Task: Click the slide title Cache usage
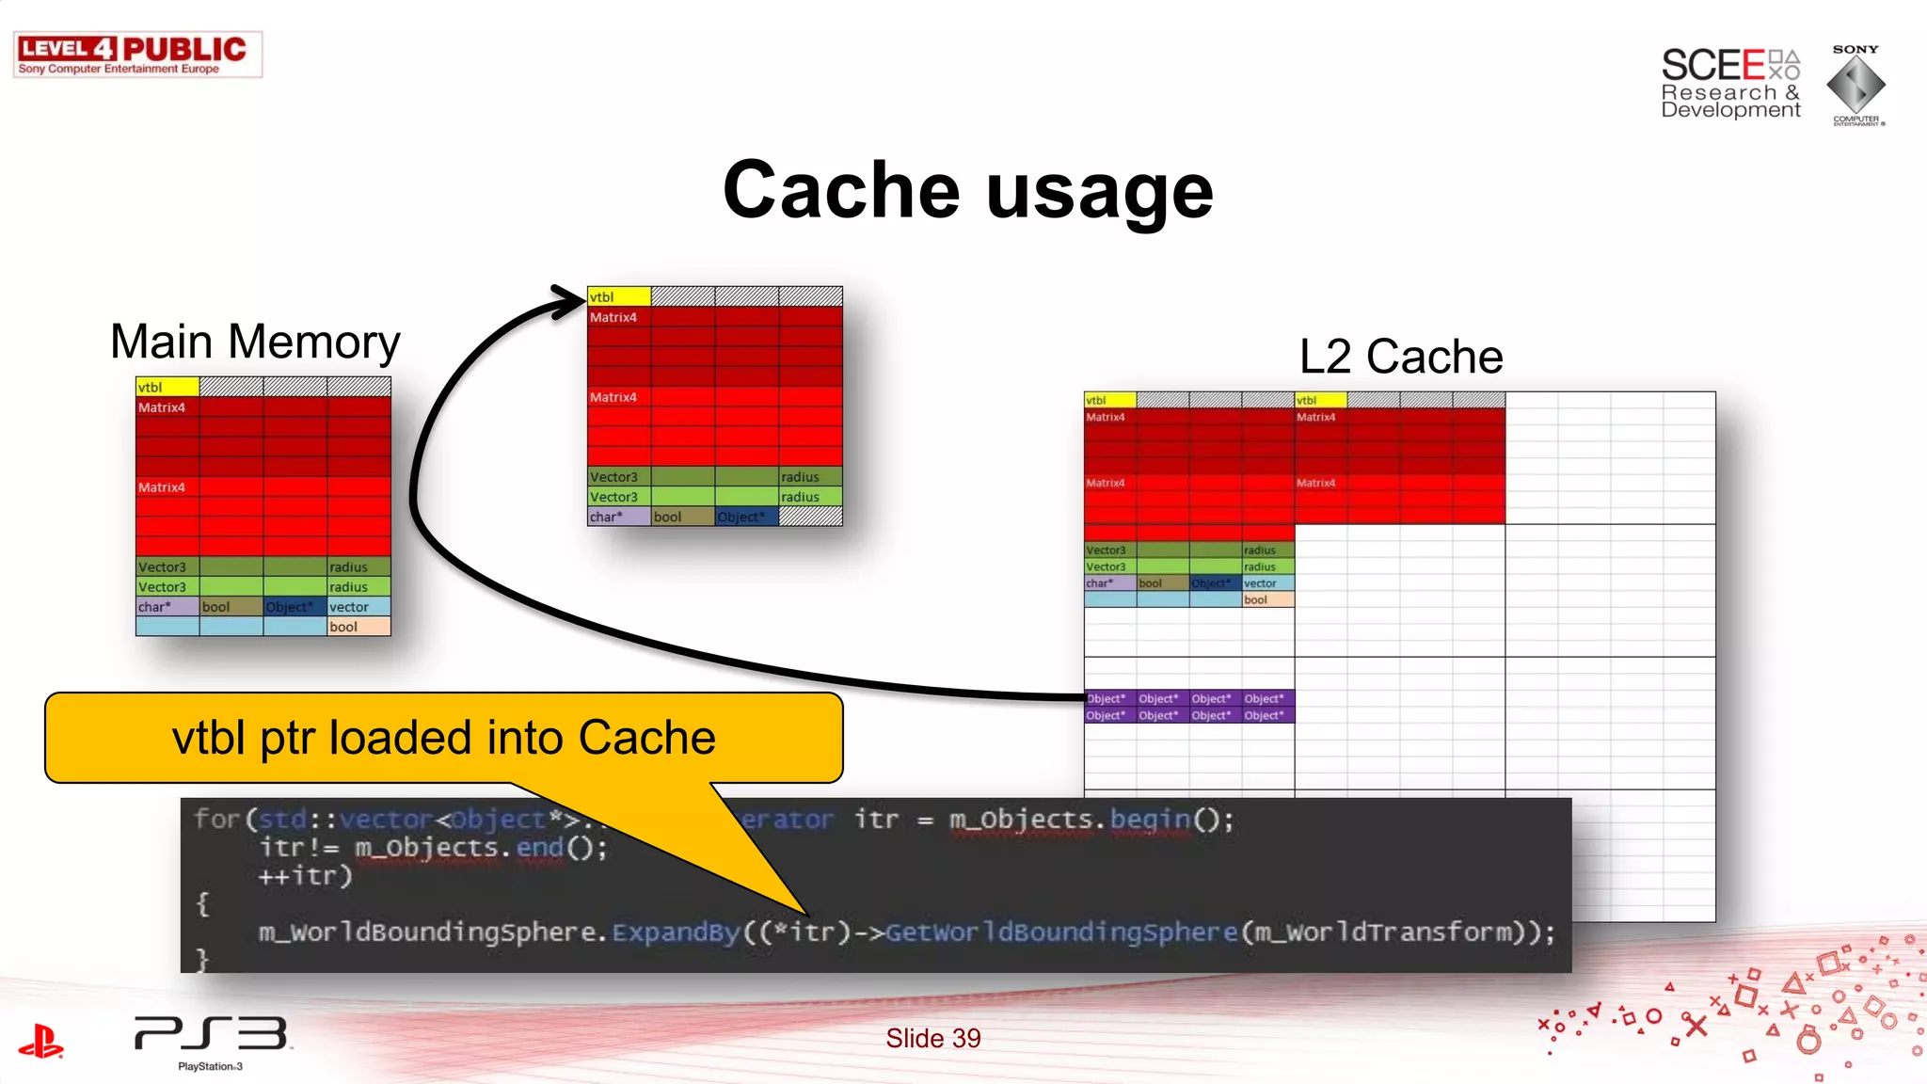(967, 191)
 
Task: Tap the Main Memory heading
(255, 342)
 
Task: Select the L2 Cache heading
(1400, 357)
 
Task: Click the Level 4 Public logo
(137, 55)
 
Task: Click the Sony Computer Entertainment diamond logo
(1855, 86)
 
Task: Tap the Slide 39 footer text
(932, 1038)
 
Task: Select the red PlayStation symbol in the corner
(40, 1042)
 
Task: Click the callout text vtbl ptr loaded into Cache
(443, 738)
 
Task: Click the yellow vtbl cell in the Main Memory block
(167, 387)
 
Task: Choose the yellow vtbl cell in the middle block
(618, 296)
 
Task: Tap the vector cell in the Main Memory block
(358, 607)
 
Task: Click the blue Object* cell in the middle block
(746, 517)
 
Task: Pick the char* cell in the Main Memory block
(167, 607)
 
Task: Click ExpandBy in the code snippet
(676, 933)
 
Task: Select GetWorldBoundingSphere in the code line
(1061, 933)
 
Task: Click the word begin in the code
(1150, 820)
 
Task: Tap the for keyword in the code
(215, 819)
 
